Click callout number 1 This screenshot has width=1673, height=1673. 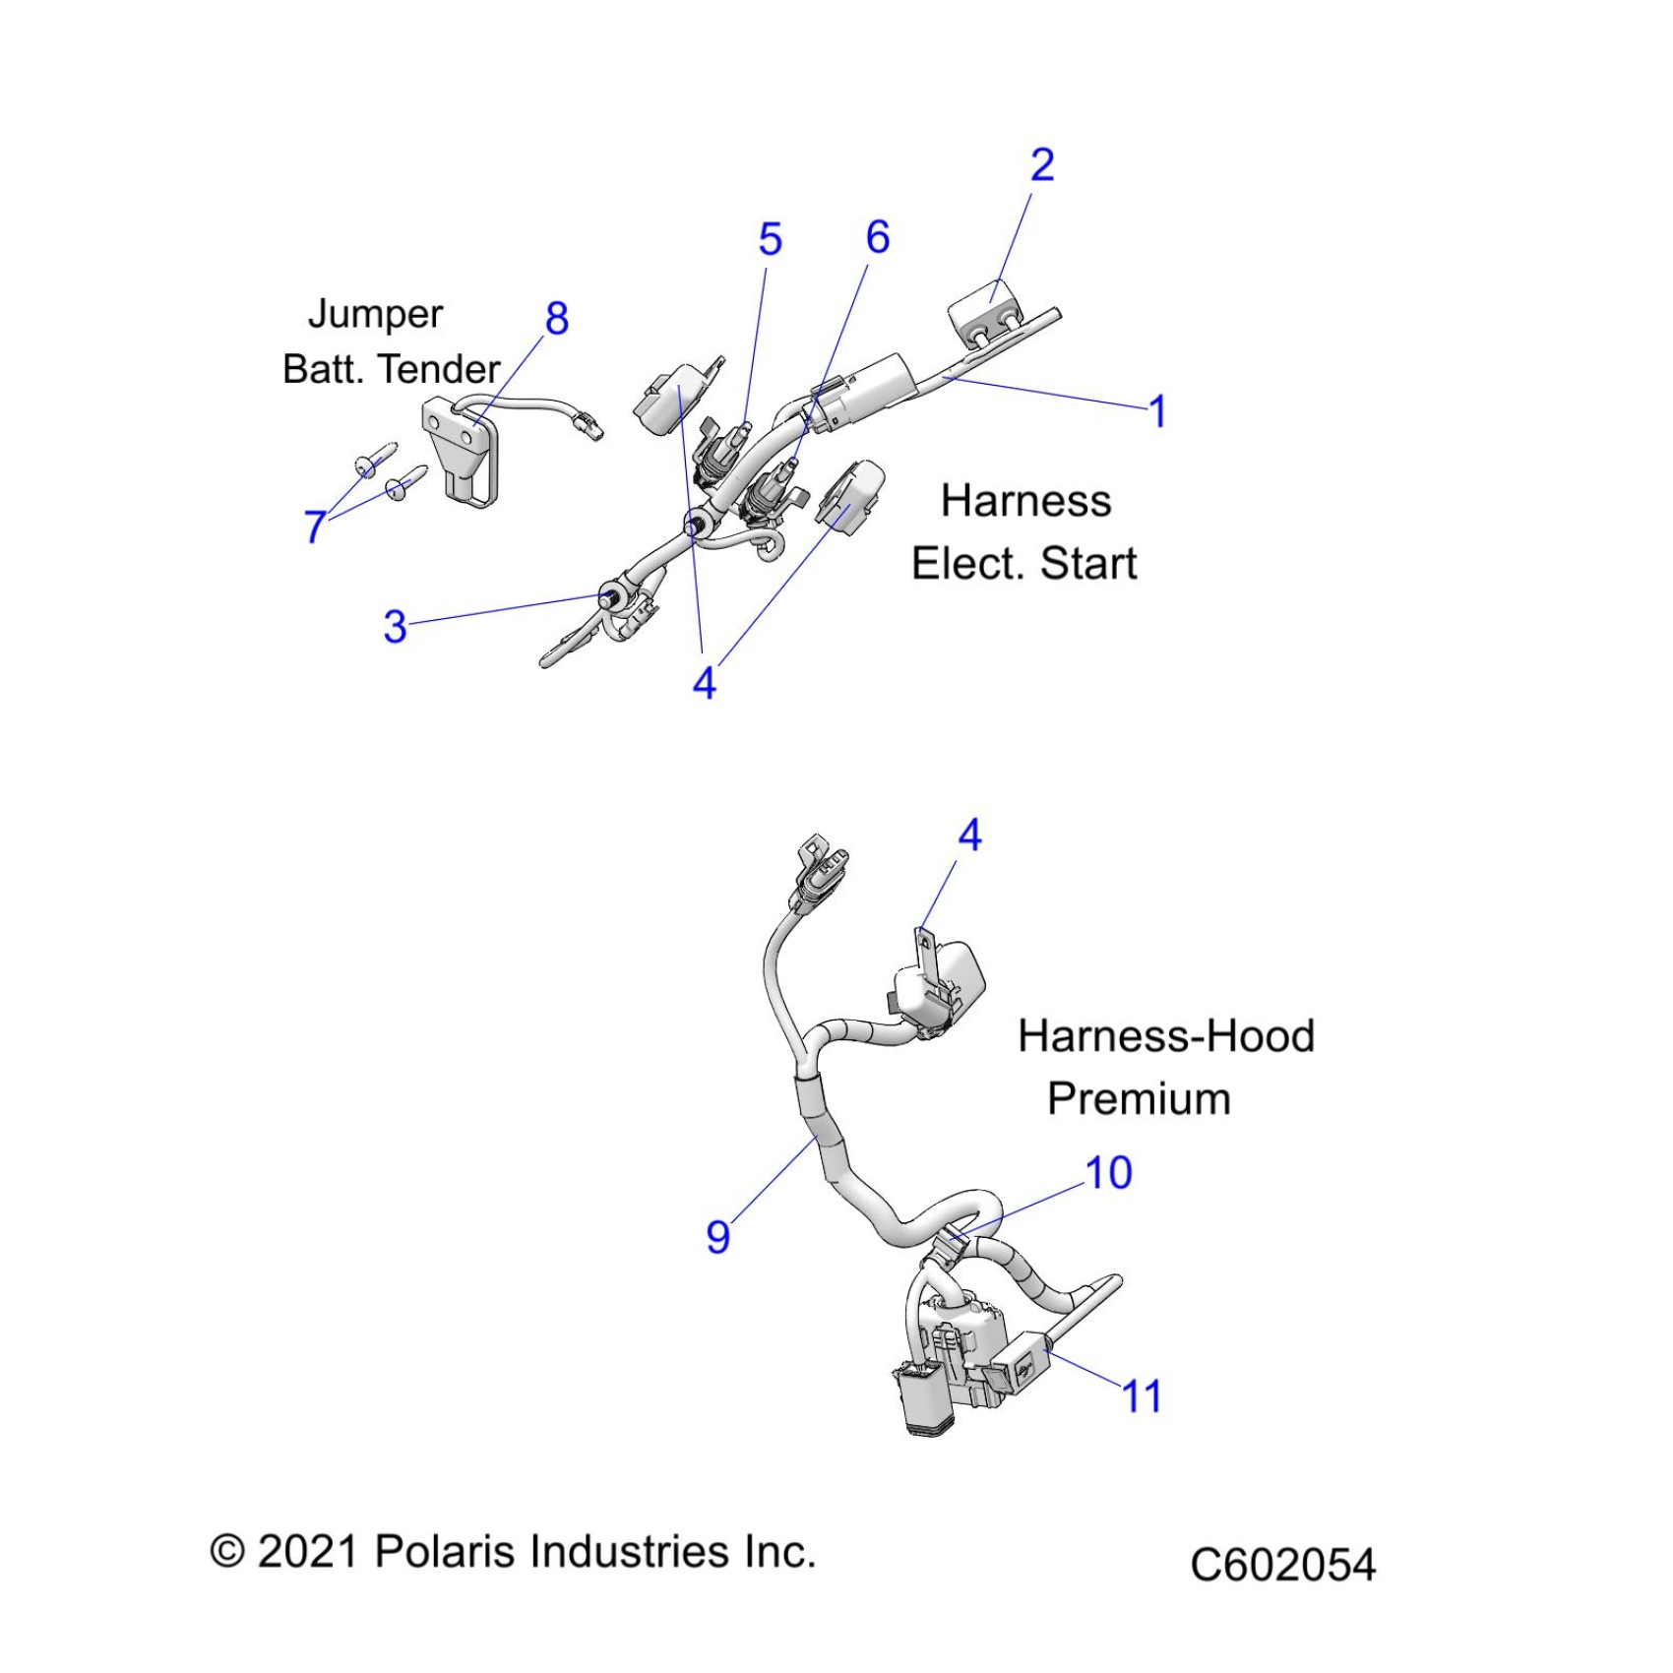pyautogui.click(x=1158, y=411)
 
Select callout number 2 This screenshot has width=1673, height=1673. pyautogui.click(x=1042, y=164)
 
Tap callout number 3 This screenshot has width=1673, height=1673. pyautogui.click(x=395, y=627)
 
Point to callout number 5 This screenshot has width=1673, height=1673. pyautogui.click(x=770, y=239)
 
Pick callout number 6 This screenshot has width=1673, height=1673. pyautogui.click(x=878, y=237)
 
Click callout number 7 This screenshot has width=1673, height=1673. pyautogui.click(x=315, y=527)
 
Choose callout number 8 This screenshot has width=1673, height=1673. pyautogui.click(x=557, y=318)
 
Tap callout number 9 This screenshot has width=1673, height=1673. pyautogui.click(x=718, y=1237)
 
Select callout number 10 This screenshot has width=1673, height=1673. pyautogui.click(x=1108, y=1172)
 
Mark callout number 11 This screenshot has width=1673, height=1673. pyautogui.click(x=1142, y=1395)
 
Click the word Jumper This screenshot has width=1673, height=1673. pyautogui.click(x=375, y=315)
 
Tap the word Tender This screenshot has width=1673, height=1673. pyautogui.click(x=440, y=369)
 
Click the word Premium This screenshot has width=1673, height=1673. pyautogui.click(x=1139, y=1098)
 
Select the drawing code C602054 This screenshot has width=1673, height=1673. pyautogui.click(x=1282, y=1564)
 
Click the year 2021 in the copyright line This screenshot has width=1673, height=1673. pyautogui.click(x=306, y=1552)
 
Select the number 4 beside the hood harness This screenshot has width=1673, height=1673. pyautogui.click(x=969, y=836)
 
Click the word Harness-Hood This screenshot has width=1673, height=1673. pyautogui.click(x=1166, y=1036)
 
